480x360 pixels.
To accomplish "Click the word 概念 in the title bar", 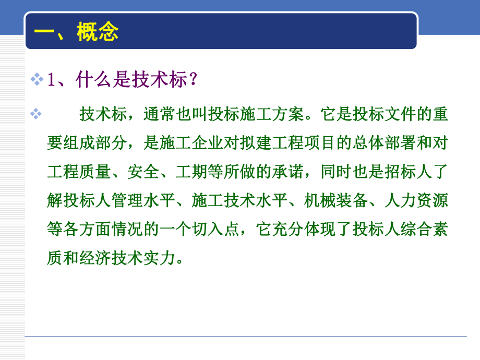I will [x=98, y=32].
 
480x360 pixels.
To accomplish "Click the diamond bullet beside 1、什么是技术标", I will [x=37, y=80].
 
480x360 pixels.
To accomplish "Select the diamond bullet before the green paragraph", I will [x=36, y=114].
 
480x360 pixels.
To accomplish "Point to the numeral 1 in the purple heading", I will [x=51, y=80].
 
